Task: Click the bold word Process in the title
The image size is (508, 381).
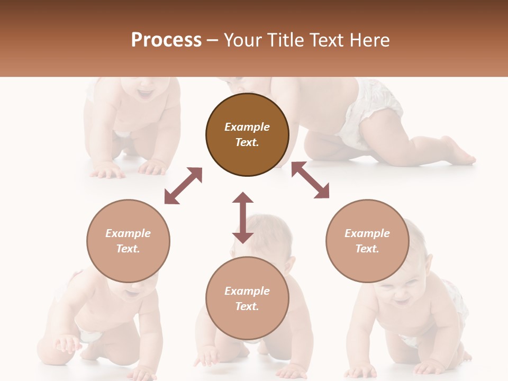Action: (166, 40)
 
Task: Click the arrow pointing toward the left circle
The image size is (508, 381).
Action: (183, 186)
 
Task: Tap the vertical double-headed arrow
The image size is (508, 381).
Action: (243, 217)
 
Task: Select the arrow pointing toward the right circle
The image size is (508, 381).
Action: (310, 180)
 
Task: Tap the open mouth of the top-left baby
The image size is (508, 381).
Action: (144, 94)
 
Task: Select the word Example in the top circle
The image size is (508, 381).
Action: (247, 127)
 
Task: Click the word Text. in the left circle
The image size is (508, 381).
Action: (128, 249)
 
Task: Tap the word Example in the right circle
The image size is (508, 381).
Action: (367, 233)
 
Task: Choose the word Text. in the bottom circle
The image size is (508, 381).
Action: (247, 306)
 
